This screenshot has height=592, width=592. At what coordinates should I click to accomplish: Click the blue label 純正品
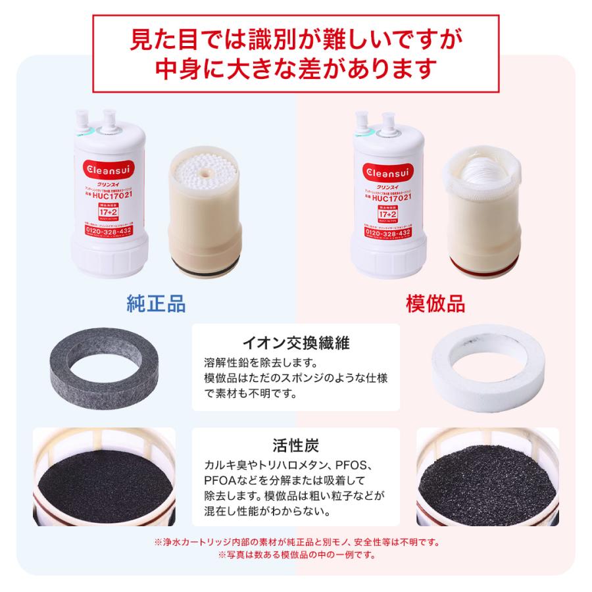tap(156, 303)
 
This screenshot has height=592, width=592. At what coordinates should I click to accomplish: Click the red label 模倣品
tap(435, 303)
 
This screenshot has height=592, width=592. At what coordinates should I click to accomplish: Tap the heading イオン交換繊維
tap(295, 343)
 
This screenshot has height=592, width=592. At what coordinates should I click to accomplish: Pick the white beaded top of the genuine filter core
tap(203, 170)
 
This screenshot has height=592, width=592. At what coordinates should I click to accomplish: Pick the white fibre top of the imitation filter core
tap(485, 168)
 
